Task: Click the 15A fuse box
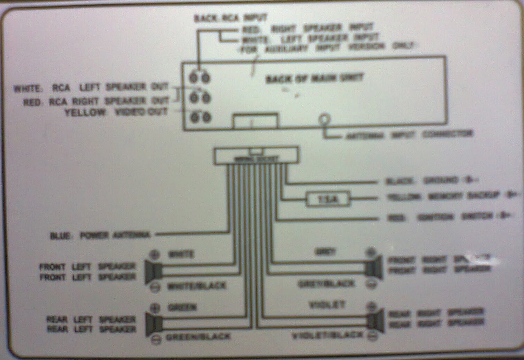tap(328, 199)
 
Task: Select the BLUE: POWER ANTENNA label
tap(100, 235)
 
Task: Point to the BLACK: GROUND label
tap(422, 181)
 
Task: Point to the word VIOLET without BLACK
tap(327, 305)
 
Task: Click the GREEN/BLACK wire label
tap(198, 337)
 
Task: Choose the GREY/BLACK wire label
tap(326, 284)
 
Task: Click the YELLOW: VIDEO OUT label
tap(116, 112)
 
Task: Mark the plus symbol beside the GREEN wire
tap(155, 308)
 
